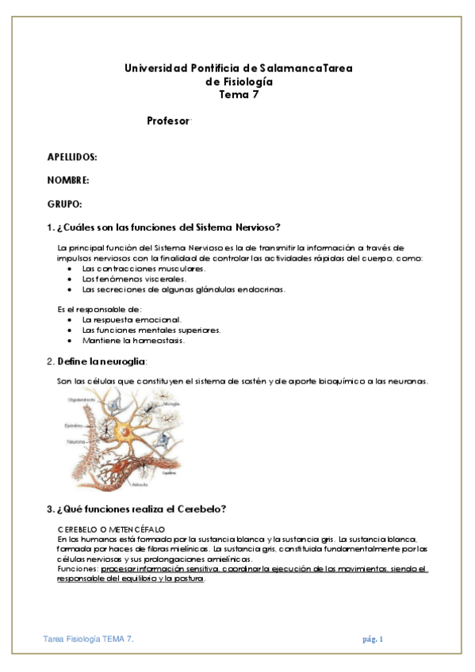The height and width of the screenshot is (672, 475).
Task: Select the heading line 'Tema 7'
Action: point(238,94)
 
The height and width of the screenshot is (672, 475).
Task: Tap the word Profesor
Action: point(168,120)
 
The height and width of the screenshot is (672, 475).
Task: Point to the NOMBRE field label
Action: point(68,181)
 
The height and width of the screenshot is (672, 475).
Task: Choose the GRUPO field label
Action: point(65,204)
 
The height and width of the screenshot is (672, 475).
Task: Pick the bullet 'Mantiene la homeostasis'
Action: point(133,340)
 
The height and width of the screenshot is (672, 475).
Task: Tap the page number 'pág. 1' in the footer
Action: point(373,639)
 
